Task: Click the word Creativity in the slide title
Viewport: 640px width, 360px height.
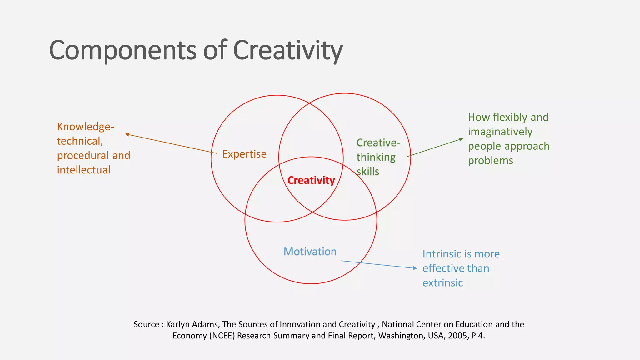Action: (x=287, y=51)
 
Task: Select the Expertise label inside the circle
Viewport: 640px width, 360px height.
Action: (x=244, y=154)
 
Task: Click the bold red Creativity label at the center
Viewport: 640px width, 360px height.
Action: (x=311, y=180)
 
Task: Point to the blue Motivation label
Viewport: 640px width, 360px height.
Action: (x=310, y=252)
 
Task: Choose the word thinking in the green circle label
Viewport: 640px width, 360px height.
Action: (x=376, y=157)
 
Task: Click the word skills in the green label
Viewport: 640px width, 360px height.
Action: (x=368, y=172)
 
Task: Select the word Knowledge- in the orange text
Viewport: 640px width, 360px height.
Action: (x=85, y=127)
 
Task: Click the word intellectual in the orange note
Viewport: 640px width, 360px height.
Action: (x=83, y=170)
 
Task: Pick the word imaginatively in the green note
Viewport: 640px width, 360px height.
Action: (x=500, y=132)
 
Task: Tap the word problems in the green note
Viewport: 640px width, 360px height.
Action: (x=490, y=161)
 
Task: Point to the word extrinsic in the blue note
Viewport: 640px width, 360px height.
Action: (x=442, y=283)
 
